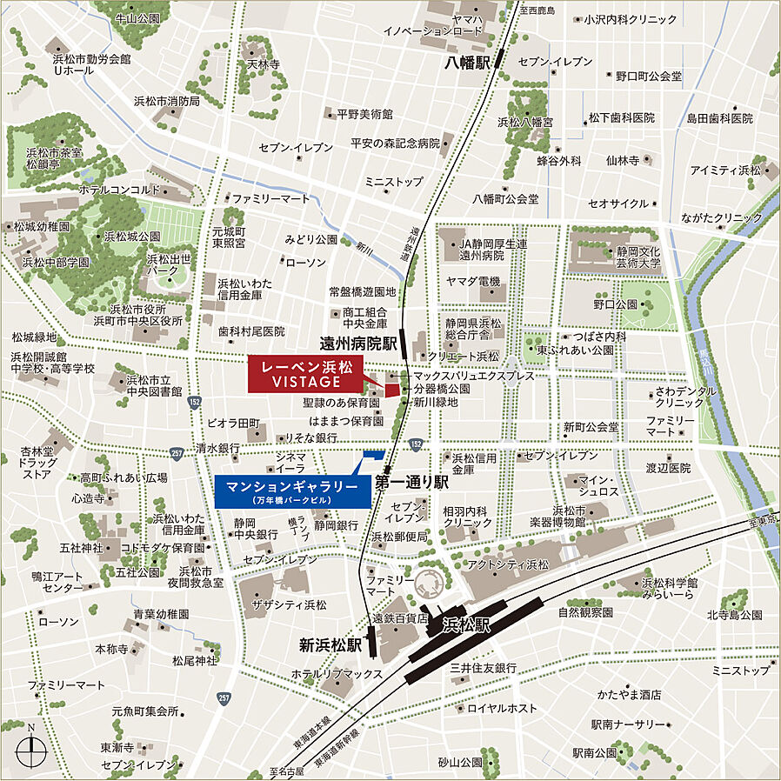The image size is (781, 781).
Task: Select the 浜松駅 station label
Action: click(467, 624)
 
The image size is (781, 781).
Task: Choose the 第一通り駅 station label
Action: click(411, 481)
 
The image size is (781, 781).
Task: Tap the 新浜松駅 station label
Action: click(330, 645)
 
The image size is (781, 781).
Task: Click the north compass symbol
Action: click(31, 747)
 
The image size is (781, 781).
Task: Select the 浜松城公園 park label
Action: click(132, 236)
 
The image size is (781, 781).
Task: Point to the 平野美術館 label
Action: click(365, 114)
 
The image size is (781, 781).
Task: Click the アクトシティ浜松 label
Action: click(509, 564)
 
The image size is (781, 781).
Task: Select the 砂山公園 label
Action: click(460, 762)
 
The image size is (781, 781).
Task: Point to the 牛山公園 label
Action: click(137, 17)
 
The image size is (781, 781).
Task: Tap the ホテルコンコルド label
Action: click(119, 190)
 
